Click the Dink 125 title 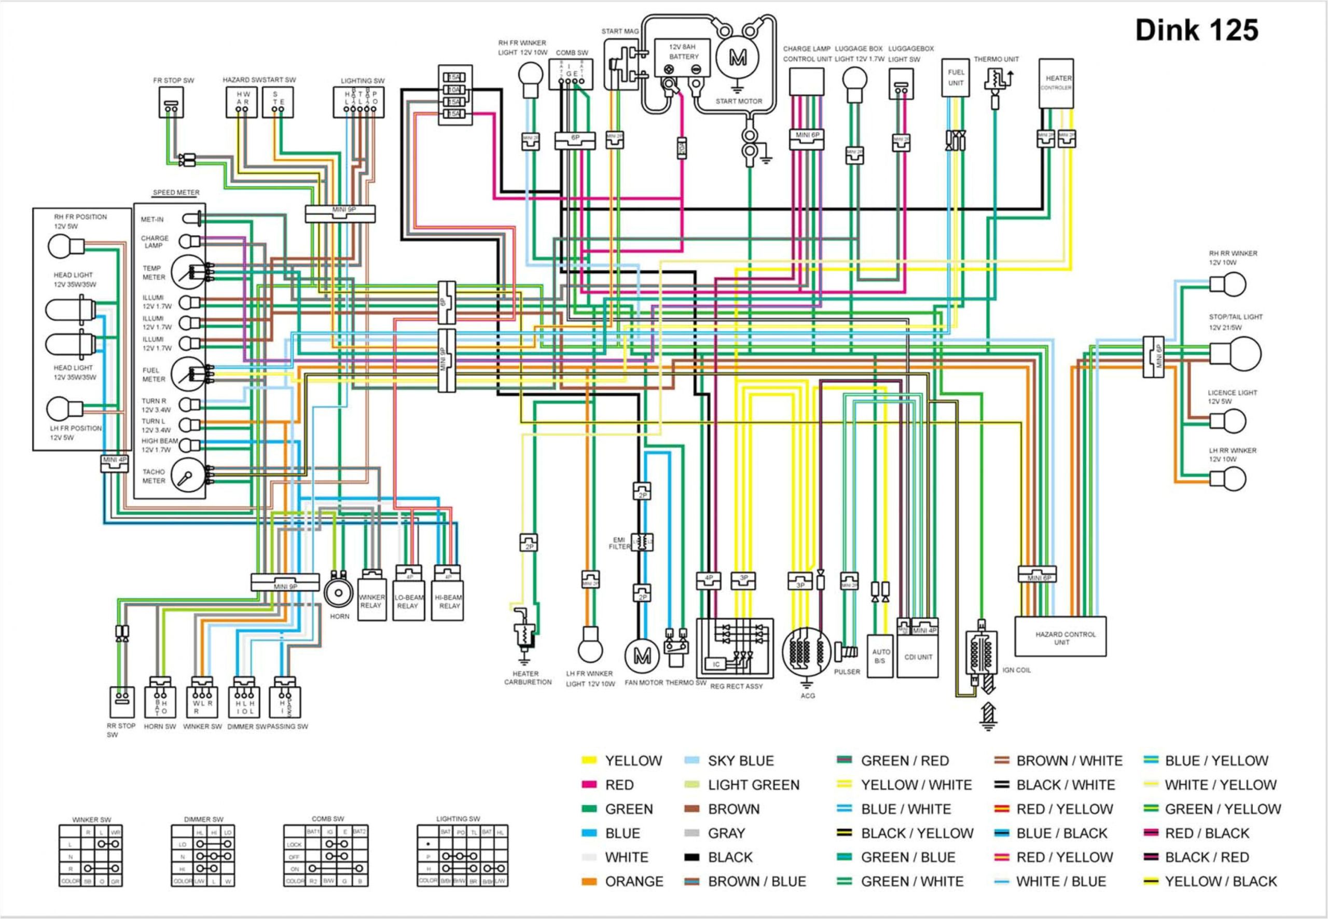(1196, 31)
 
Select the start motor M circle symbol (738, 58)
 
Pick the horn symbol (338, 592)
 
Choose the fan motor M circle (642, 655)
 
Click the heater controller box (1056, 83)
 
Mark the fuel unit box (956, 78)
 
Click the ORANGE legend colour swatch (589, 882)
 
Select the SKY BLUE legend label (741, 761)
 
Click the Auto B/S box (880, 656)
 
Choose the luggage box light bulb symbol (854, 79)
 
